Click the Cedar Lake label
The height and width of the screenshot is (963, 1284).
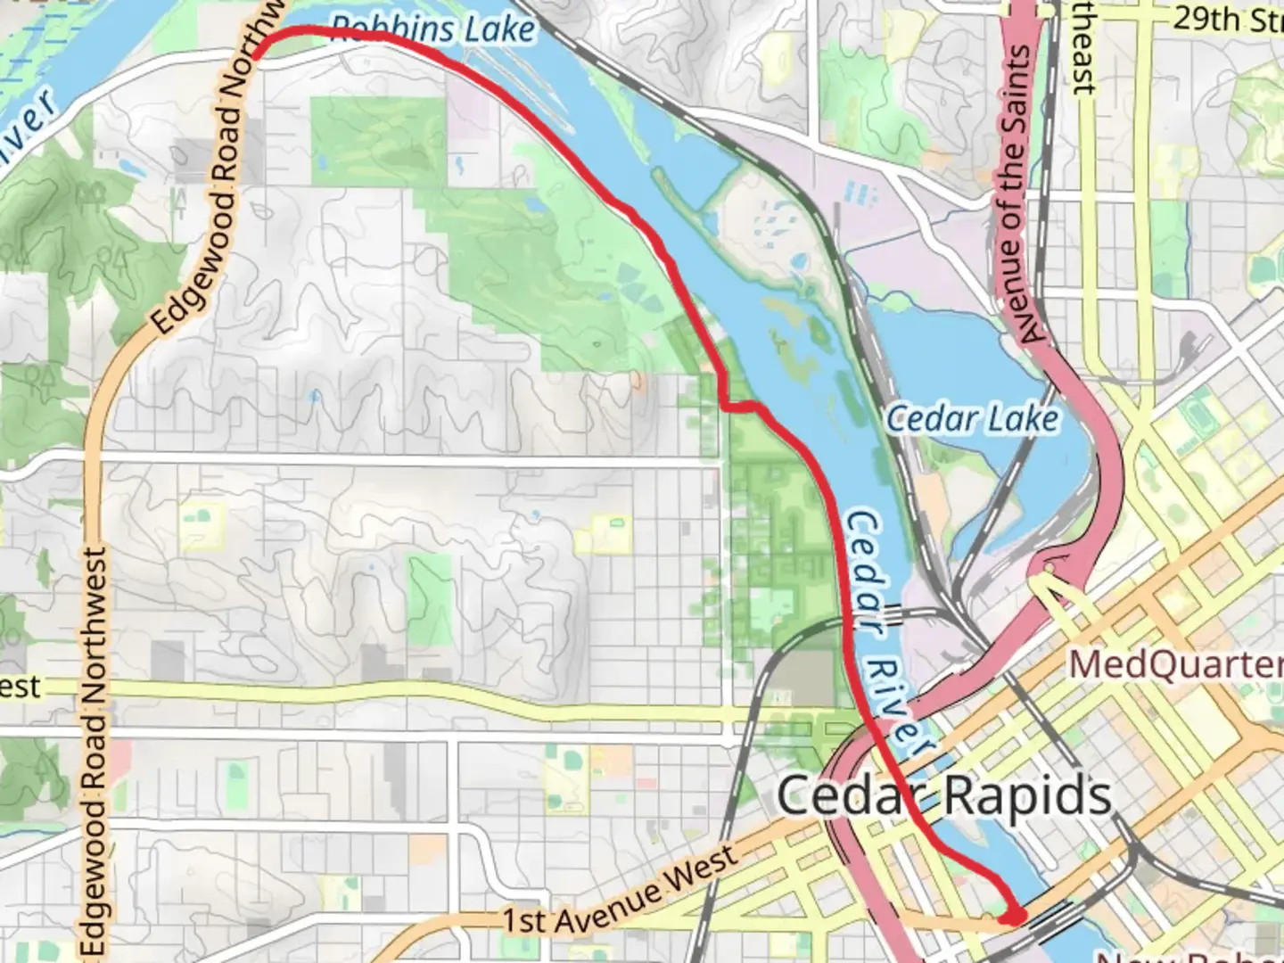click(972, 418)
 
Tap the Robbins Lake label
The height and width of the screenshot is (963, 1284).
click(433, 29)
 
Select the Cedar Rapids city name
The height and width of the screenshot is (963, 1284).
click(944, 795)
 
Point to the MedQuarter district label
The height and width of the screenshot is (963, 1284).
click(1175, 664)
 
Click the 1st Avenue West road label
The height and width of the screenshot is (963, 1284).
click(621, 891)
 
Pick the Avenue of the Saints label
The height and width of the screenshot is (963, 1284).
click(1020, 194)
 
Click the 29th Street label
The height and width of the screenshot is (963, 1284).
click(1227, 19)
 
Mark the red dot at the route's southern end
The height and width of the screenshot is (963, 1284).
click(1013, 916)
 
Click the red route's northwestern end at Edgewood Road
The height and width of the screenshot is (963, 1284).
click(257, 55)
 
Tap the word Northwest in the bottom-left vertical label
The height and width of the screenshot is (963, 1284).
click(95, 624)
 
